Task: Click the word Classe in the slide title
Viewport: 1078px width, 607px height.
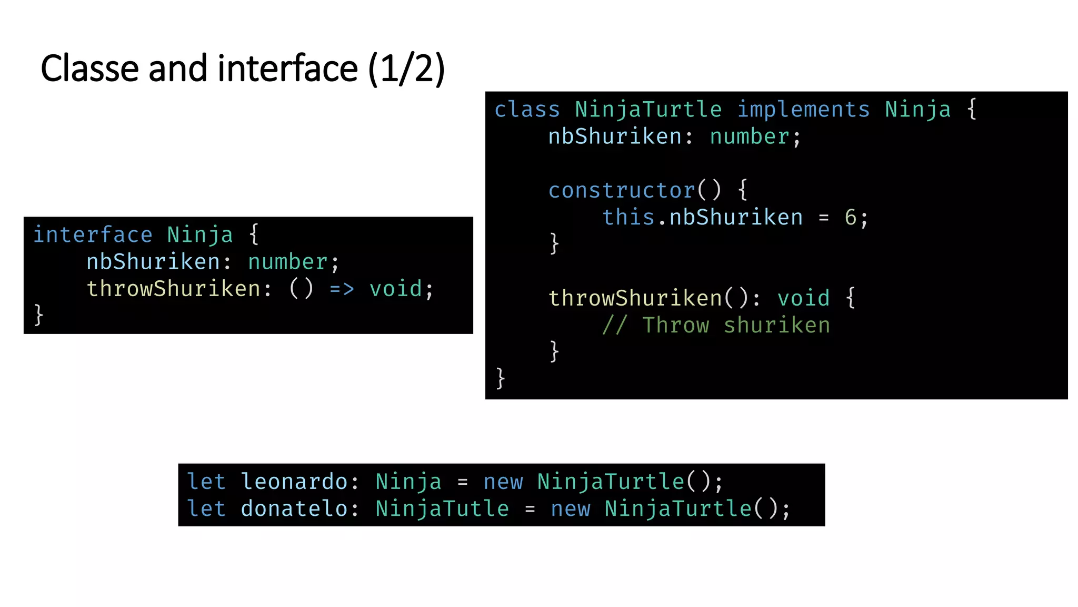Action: coord(90,69)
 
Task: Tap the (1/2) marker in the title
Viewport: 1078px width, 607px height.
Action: coord(406,69)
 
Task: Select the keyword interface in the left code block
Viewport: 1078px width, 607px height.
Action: coord(93,235)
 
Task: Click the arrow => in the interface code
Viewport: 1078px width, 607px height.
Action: coord(342,289)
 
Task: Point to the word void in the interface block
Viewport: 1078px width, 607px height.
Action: coord(396,289)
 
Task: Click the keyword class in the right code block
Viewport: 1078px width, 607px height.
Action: coord(527,110)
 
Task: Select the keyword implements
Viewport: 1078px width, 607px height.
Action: coord(803,110)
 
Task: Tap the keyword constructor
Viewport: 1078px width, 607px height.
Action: coord(622,191)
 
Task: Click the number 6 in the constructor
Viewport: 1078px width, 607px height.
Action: coord(850,218)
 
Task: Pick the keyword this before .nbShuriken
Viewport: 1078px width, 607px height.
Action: coord(628,218)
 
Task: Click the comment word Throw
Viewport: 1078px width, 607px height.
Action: coord(675,326)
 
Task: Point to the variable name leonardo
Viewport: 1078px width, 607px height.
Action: coord(294,482)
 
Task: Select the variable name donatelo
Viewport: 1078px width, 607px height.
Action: coord(294,509)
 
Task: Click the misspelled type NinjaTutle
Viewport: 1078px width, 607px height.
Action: coord(442,509)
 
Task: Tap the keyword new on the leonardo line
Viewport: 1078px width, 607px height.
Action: coord(503,482)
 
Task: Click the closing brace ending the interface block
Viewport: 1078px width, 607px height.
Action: coord(38,315)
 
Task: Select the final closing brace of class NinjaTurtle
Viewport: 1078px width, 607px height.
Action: coord(501,378)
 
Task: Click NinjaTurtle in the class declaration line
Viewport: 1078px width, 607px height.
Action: coord(648,110)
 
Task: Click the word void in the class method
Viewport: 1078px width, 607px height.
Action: coord(803,299)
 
